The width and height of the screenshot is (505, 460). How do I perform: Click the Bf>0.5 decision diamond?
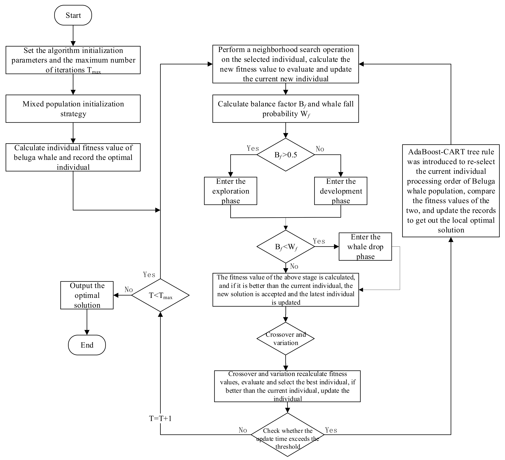coord(286,155)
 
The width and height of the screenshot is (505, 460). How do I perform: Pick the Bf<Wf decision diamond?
coord(286,247)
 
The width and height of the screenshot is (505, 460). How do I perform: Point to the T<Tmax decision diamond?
coord(160,295)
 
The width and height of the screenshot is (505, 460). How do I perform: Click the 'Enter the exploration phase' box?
coord(230,191)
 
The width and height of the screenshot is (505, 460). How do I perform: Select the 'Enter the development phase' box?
coord(341,191)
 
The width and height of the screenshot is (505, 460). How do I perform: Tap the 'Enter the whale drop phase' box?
coord(365,247)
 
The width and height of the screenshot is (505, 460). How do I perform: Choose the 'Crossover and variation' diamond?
coord(286,339)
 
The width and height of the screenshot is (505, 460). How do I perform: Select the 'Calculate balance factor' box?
coord(286,109)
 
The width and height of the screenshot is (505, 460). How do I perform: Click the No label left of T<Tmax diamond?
coord(129,290)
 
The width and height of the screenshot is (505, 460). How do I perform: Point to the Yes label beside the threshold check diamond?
coord(331,430)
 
